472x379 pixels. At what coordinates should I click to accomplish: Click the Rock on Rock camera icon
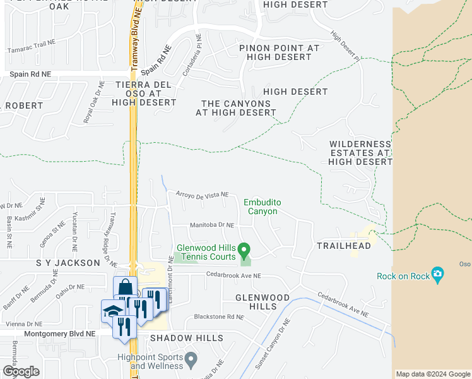437,275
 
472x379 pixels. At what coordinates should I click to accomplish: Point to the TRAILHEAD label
344,245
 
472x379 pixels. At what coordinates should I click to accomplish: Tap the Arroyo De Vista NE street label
202,195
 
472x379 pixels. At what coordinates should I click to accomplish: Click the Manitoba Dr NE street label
212,225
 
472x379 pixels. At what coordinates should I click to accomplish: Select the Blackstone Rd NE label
218,316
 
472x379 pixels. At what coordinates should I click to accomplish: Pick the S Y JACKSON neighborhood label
68,262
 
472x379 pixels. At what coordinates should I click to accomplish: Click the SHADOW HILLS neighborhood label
187,338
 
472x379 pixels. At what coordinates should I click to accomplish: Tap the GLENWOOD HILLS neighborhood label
263,301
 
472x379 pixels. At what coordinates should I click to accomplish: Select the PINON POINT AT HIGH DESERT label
280,52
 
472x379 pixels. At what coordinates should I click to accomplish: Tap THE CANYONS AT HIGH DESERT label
236,108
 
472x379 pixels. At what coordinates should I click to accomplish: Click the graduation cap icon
112,311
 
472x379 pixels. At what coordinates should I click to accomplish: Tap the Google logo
21,371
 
